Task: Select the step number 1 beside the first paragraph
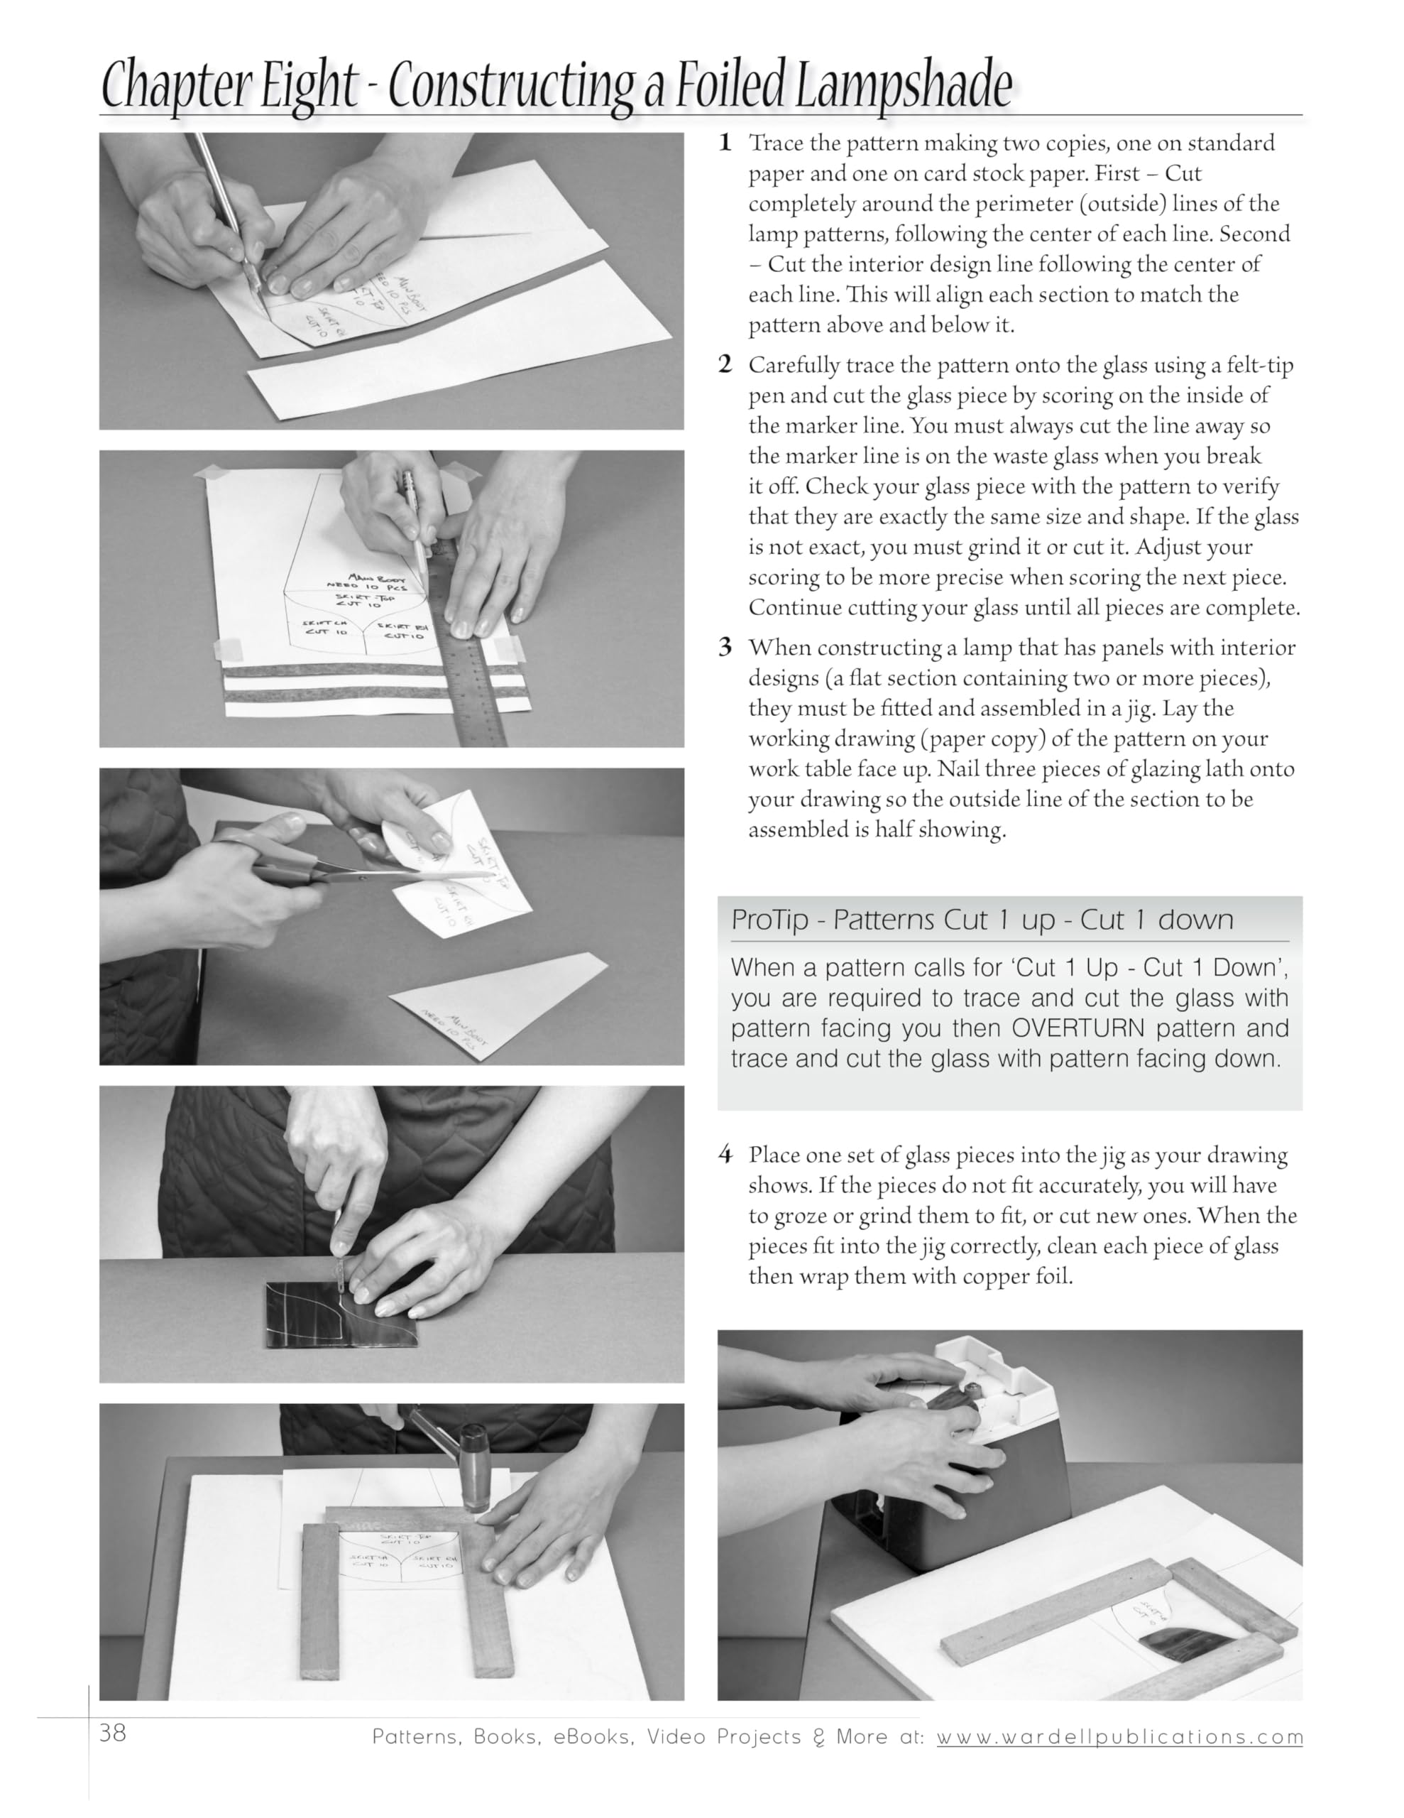(x=725, y=143)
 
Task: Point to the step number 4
(x=725, y=1155)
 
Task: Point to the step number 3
(x=725, y=648)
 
